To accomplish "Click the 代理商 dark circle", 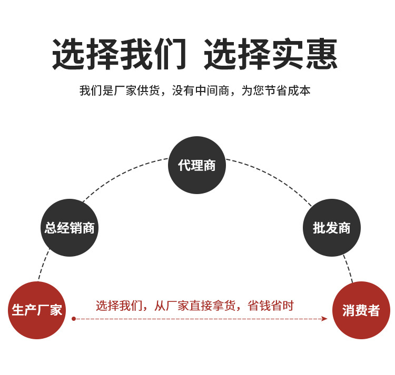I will click(x=197, y=165).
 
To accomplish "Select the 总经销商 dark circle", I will click(x=70, y=228).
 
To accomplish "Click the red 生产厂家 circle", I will click(x=37, y=310).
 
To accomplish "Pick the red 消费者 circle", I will click(x=361, y=310).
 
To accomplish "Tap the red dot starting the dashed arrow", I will click(x=74, y=318).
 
